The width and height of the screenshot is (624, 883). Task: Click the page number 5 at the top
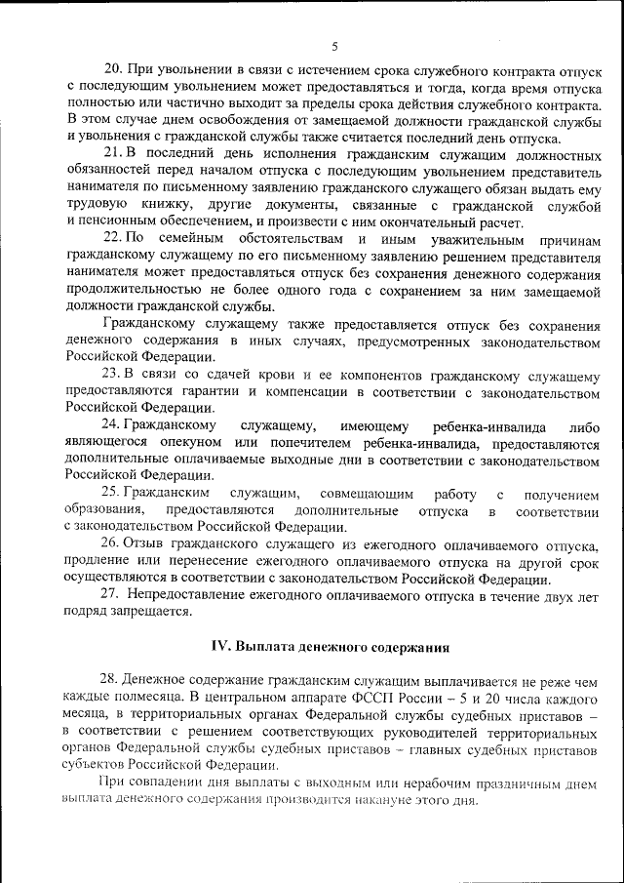333,46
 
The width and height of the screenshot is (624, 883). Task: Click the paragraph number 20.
112,71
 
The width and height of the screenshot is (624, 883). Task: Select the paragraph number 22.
112,239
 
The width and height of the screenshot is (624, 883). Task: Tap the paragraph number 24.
112,425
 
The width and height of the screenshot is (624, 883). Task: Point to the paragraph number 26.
111,542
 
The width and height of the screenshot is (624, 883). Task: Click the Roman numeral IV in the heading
220,646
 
